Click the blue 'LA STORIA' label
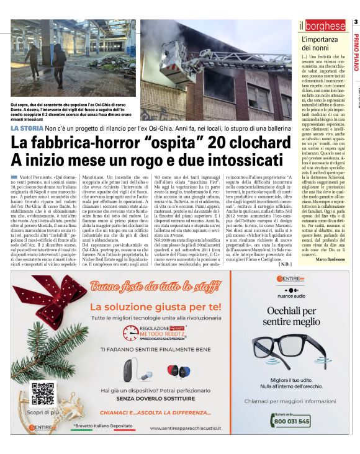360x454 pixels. [x=27, y=128]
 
